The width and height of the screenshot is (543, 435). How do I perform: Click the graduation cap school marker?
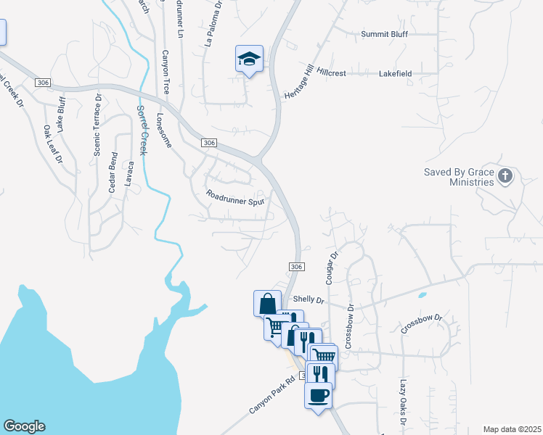(249, 59)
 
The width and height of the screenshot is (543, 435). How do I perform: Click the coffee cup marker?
(319, 396)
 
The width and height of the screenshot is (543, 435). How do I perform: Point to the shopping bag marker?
(267, 302)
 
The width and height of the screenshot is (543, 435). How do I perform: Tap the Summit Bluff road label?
(385, 34)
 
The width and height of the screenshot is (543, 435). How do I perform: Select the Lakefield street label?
(396, 74)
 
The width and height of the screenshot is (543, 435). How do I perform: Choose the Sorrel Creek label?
(142, 130)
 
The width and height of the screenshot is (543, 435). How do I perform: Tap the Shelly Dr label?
(306, 299)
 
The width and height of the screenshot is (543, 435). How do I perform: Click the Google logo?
(24, 426)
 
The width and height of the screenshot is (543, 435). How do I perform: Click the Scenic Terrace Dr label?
(97, 123)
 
